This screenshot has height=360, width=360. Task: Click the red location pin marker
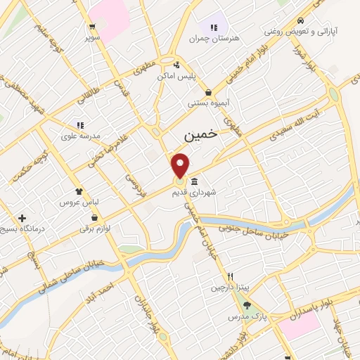pos(181,165)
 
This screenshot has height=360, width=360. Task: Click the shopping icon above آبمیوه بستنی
pos(208,92)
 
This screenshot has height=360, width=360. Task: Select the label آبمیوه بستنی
pos(206,103)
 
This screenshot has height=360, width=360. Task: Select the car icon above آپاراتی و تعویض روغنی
pos(300,20)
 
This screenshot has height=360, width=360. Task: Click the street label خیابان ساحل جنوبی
pos(264,230)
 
